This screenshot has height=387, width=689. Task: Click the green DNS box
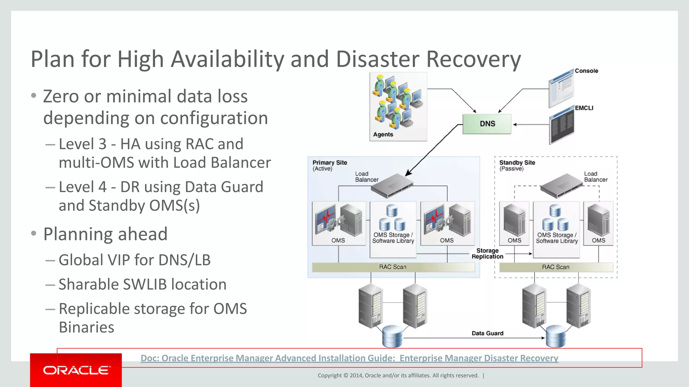tap(487, 124)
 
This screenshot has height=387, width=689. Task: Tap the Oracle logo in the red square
tap(76, 370)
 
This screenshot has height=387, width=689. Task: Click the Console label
tap(586, 71)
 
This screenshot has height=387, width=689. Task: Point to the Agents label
tap(383, 134)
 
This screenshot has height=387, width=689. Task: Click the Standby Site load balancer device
tap(561, 185)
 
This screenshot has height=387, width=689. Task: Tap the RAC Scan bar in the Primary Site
tap(393, 267)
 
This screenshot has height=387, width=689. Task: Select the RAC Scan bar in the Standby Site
tap(555, 267)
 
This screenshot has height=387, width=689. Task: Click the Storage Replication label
tap(487, 254)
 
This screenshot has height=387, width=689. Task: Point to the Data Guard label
tap(487, 333)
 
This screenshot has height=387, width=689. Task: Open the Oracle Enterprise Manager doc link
tap(349, 358)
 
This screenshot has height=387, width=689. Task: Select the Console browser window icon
tap(561, 88)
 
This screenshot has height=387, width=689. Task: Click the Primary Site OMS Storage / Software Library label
tap(393, 238)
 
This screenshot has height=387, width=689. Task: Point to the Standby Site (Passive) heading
tap(517, 165)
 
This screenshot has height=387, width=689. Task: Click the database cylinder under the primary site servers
tap(392, 336)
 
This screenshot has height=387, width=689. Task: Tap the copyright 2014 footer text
tap(398, 376)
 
